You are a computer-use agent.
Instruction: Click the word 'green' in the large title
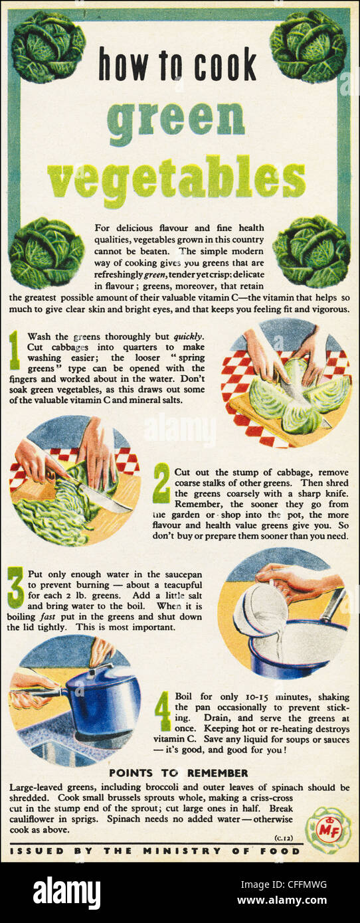click(175, 119)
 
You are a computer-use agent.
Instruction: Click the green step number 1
click(15, 351)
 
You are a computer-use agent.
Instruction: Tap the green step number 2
click(161, 483)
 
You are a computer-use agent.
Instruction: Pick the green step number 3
click(15, 587)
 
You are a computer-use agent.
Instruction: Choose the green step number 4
click(163, 711)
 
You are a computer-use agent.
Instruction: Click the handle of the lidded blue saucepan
click(40, 691)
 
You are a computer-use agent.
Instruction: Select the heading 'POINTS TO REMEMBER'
click(178, 773)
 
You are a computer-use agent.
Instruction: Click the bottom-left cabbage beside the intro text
click(46, 252)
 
